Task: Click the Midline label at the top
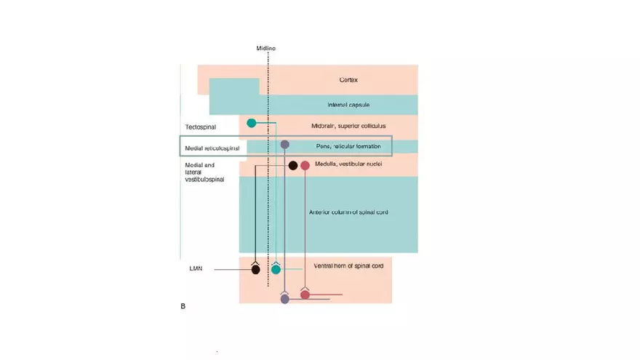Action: pyautogui.click(x=265, y=49)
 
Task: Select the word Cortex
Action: pyautogui.click(x=348, y=80)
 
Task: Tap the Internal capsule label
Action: pyautogui.click(x=348, y=105)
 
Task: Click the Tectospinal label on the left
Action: pyautogui.click(x=200, y=127)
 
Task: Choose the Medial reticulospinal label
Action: pyautogui.click(x=212, y=148)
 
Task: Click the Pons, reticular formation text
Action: pyautogui.click(x=348, y=146)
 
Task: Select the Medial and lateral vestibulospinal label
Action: pyautogui.click(x=206, y=172)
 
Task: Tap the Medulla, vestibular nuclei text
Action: pyautogui.click(x=348, y=164)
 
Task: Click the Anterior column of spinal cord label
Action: pyautogui.click(x=348, y=212)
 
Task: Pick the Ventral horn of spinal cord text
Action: pyautogui.click(x=348, y=266)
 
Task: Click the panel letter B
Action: pyautogui.click(x=183, y=306)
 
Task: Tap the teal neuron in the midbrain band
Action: pyautogui.click(x=252, y=123)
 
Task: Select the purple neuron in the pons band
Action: pyautogui.click(x=285, y=145)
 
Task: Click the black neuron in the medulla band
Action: pyautogui.click(x=293, y=166)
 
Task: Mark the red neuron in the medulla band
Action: pyautogui.click(x=305, y=166)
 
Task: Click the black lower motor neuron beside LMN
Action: pyautogui.click(x=255, y=270)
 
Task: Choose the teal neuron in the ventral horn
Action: pyautogui.click(x=276, y=270)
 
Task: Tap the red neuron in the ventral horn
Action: pyautogui.click(x=305, y=295)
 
